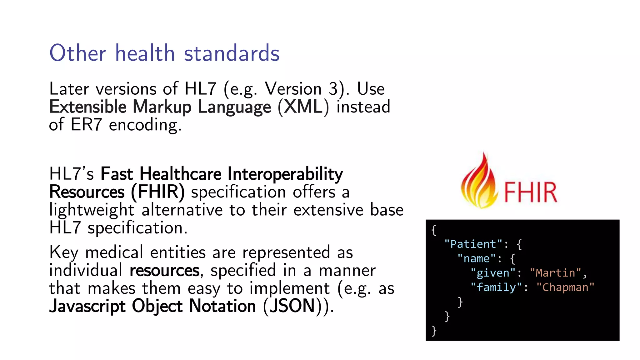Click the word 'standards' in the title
(232, 53)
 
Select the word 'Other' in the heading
(78, 53)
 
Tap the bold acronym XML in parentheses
(303, 107)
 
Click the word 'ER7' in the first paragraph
(86, 125)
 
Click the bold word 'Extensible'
(88, 107)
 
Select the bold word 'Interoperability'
(285, 174)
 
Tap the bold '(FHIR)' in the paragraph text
(158, 192)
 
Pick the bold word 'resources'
(164, 271)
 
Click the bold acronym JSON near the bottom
(292, 306)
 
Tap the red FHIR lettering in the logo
(530, 192)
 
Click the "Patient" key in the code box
(473, 244)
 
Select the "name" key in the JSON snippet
(477, 259)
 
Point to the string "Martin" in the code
(555, 273)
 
